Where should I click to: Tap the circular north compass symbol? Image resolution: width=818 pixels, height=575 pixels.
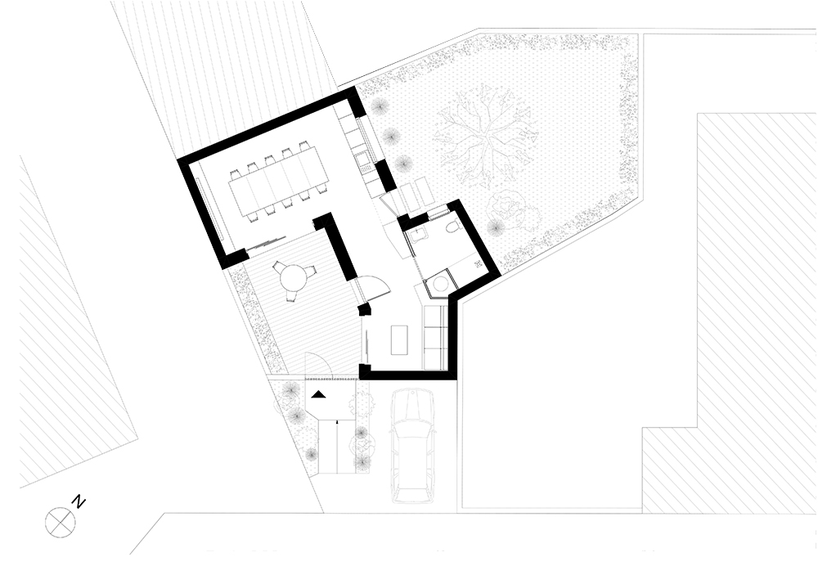[x=60, y=522]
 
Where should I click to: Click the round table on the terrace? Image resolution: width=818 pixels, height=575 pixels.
[x=293, y=277]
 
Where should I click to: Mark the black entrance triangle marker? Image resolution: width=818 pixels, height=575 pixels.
[x=318, y=393]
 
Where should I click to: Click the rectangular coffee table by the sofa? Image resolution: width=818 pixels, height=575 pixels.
[x=398, y=339]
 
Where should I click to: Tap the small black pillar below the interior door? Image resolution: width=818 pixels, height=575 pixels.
[x=364, y=309]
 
